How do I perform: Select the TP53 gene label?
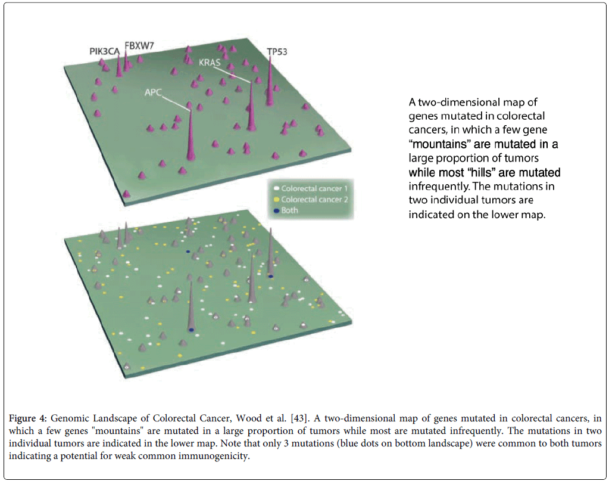[x=276, y=52]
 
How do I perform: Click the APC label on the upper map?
[x=154, y=93]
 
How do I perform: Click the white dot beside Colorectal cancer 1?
[x=276, y=189]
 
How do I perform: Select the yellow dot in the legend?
[x=276, y=199]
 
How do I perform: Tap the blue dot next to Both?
[x=276, y=210]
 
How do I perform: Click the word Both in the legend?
[x=291, y=210]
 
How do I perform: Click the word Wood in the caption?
[x=244, y=415]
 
